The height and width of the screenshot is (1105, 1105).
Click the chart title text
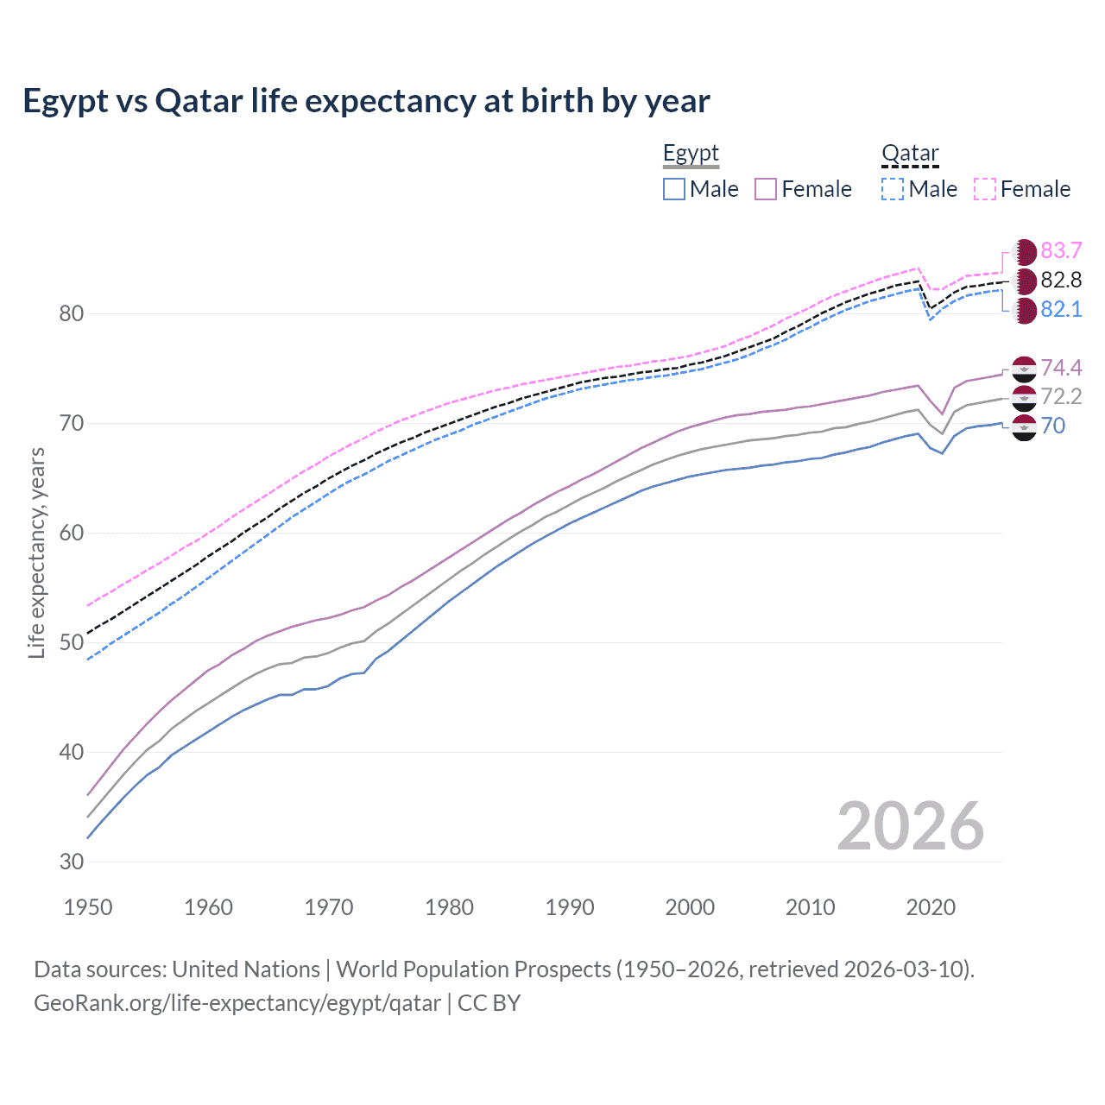366,101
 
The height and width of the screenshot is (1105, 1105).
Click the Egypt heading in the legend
691,154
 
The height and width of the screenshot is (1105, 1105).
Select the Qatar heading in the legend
910,154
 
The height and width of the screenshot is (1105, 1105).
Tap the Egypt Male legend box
674,189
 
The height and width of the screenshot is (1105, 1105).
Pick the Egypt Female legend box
766,189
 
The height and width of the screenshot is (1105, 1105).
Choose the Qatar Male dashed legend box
893,189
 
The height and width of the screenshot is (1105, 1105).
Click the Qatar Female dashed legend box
985,189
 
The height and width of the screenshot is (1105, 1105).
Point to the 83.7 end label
1061,250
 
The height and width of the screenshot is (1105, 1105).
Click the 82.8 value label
1061,280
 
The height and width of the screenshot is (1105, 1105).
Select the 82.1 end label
1061,309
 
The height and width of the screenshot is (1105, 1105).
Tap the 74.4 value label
1061,368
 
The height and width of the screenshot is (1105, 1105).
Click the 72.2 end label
1061,396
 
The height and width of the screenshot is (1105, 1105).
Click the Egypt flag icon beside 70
1024,426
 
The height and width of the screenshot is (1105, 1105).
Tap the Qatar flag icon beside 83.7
1024,252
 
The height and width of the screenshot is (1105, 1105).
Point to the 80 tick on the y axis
72,313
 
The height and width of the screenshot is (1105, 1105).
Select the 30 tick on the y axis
72,862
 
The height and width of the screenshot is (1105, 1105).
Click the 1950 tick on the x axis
88,907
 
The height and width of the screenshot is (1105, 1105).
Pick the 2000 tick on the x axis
690,907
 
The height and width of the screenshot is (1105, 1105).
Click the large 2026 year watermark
910,826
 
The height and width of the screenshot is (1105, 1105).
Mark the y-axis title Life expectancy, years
37,552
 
